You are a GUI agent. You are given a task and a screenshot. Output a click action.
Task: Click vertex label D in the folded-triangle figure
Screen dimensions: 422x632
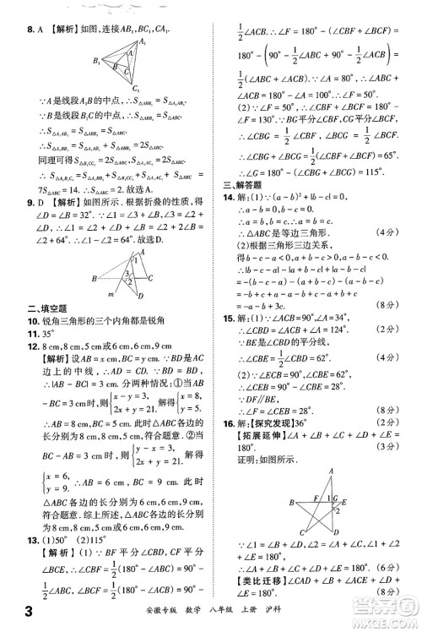pos(142,296)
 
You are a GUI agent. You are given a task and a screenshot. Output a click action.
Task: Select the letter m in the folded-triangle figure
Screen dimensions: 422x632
pos(110,293)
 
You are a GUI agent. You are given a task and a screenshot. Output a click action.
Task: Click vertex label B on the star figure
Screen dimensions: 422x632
pos(291,502)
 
